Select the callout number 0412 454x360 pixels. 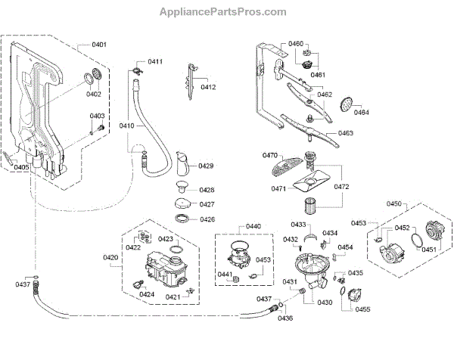point(208,88)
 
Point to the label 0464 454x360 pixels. point(361,113)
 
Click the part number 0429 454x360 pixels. point(206,166)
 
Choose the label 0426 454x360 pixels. point(207,219)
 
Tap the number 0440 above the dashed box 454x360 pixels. point(253,226)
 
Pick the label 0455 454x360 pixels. point(363,309)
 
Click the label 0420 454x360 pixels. point(111,258)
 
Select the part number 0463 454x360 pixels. point(345,133)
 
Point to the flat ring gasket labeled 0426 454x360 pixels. point(182,219)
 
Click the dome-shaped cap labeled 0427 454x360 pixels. point(182,203)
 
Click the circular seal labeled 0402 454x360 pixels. point(95,76)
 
